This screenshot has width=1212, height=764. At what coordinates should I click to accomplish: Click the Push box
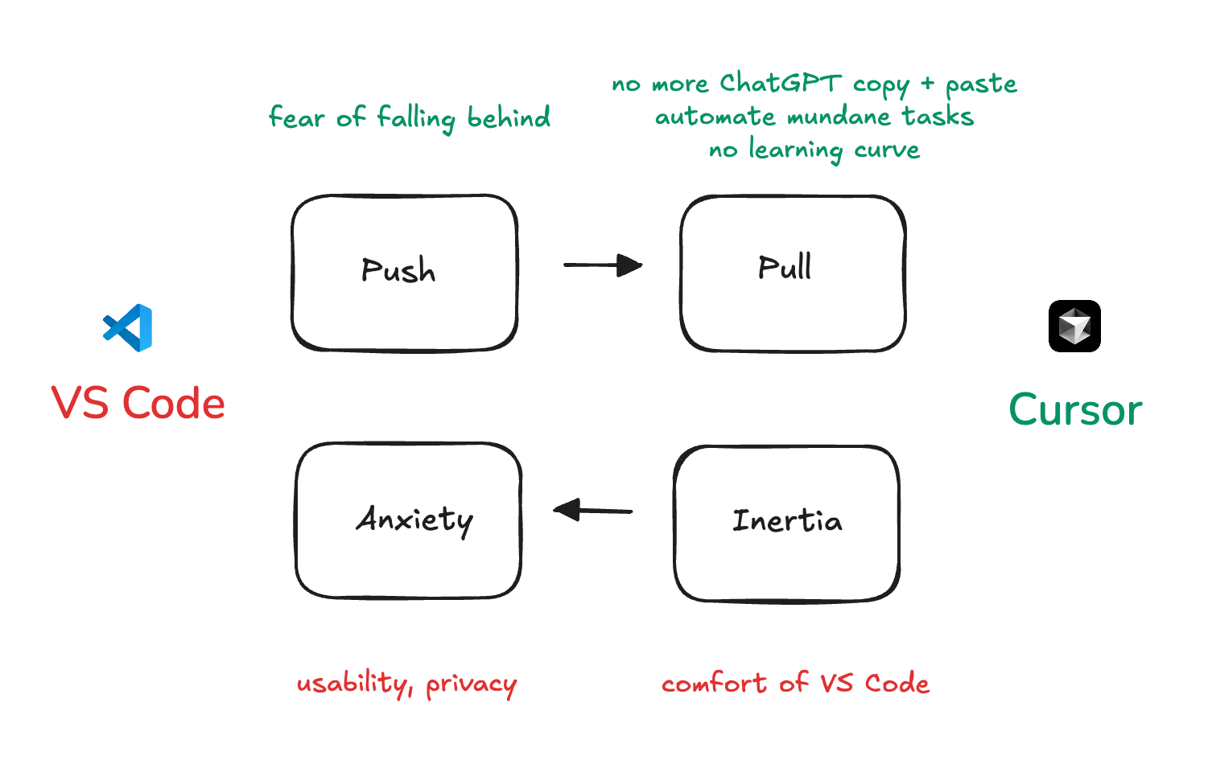click(404, 273)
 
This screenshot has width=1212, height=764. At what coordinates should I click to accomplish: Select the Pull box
click(793, 273)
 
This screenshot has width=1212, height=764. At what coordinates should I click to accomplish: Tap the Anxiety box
click(408, 520)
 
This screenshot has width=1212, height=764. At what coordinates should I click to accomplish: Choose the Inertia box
click(786, 523)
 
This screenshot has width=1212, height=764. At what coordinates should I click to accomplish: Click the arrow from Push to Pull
click(603, 265)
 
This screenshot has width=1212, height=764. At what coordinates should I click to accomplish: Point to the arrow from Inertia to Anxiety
click(593, 510)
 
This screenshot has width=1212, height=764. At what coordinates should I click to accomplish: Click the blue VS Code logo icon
click(128, 327)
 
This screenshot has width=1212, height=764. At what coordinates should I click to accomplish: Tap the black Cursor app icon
click(1074, 326)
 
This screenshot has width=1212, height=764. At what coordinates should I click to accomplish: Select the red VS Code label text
click(138, 403)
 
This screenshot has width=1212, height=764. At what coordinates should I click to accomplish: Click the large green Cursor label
click(1075, 410)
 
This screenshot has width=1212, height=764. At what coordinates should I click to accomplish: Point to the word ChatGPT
click(780, 83)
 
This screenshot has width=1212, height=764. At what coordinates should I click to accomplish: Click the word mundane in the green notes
click(839, 117)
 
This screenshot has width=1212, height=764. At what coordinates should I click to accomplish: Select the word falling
click(416, 118)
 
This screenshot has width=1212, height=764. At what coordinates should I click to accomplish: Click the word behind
click(509, 117)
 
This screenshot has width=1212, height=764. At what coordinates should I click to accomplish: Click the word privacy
click(471, 685)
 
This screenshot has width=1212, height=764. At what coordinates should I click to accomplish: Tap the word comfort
click(714, 684)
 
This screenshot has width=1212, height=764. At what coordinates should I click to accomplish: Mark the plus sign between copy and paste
click(928, 83)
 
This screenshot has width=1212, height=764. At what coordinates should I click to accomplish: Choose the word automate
click(715, 117)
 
